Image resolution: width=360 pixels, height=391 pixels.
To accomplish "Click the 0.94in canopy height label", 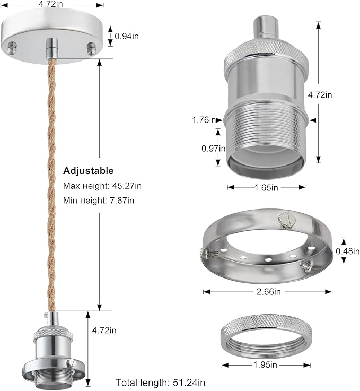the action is (x=127, y=37).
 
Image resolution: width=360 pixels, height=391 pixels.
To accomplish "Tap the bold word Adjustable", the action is (x=89, y=171).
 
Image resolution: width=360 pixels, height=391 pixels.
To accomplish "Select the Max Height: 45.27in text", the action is (x=102, y=186).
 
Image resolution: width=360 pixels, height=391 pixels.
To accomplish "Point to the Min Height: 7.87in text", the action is (x=99, y=201).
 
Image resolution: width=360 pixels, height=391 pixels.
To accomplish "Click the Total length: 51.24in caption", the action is (x=160, y=383).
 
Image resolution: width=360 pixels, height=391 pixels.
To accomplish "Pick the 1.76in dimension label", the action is (x=204, y=120).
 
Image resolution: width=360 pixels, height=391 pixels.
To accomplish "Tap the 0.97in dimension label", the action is (x=214, y=149).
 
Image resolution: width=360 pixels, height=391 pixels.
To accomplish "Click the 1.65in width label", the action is (x=266, y=187).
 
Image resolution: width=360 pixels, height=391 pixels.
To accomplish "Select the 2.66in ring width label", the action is (x=269, y=291).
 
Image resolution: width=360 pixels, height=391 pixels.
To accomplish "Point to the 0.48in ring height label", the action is (x=348, y=251).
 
